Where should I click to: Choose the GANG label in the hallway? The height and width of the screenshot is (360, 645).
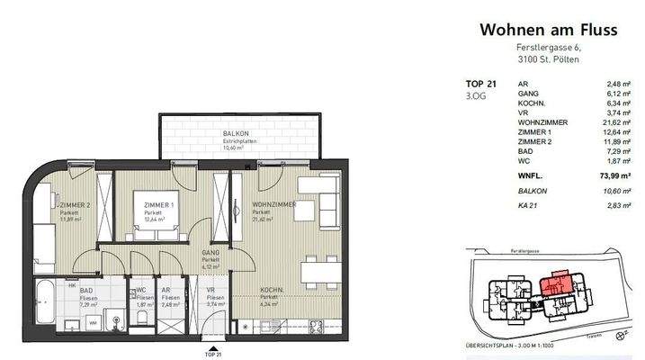pos(211,256)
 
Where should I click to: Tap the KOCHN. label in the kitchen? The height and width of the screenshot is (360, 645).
pos(273,290)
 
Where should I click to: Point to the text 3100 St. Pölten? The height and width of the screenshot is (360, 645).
pos(548,58)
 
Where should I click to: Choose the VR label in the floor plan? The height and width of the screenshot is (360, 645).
pos(211,290)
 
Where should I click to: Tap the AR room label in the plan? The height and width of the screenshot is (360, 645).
pos(166,290)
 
